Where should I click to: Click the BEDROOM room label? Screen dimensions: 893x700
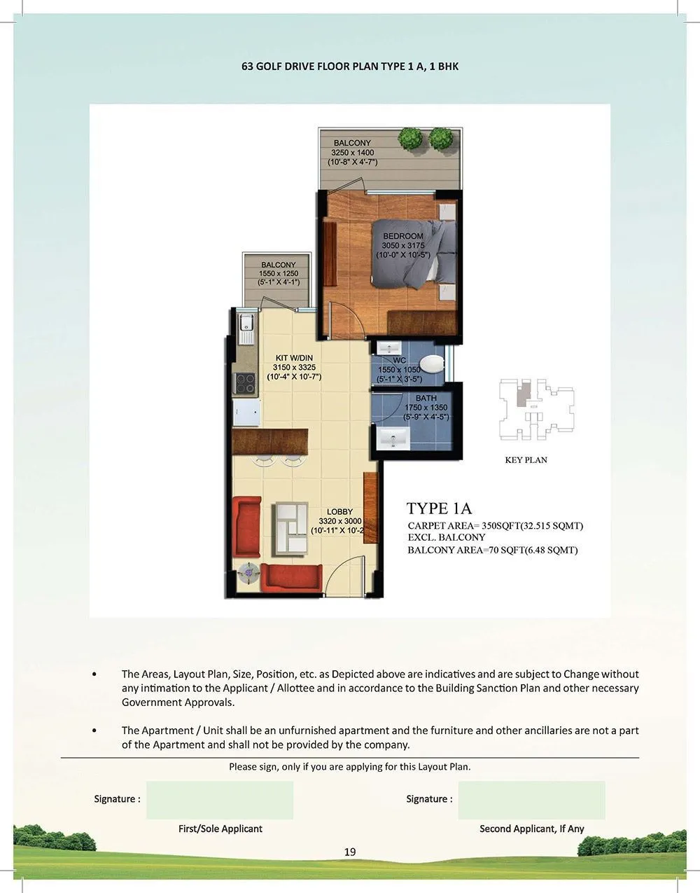pos(402,237)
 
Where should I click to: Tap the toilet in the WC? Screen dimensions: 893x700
pos(433,363)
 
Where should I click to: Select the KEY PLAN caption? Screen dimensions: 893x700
pos(526,460)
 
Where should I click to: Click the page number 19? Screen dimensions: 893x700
pos(350,852)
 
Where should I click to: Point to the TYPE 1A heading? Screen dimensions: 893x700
pos(439,508)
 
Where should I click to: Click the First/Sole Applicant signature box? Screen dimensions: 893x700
pos(220,800)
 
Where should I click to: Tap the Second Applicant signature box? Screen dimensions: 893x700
pos(531,800)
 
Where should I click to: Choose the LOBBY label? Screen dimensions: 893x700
pos(339,512)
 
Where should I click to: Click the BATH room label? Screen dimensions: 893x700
pos(426,399)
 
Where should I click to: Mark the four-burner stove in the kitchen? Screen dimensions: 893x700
pos(244,382)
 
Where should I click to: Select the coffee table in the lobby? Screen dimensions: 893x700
pos(290,526)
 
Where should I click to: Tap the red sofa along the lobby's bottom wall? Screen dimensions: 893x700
pos(289,576)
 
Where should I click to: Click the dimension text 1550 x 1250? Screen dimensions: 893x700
pos(278,274)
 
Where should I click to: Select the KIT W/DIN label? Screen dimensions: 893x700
pos(294,359)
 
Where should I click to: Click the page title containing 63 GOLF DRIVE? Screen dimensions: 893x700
pos(349,67)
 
